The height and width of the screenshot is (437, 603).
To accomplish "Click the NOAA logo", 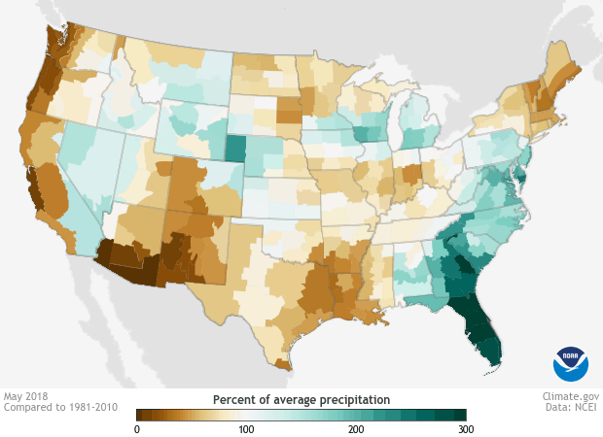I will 571,363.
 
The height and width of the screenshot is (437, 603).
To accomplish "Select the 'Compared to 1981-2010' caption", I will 60,408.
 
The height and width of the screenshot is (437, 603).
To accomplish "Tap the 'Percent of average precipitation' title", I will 301,399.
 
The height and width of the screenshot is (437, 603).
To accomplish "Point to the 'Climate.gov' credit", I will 570,396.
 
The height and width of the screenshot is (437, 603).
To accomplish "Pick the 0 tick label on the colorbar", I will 137,428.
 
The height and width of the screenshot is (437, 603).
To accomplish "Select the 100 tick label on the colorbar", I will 246,428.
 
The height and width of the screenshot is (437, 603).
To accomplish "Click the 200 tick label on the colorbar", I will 356,428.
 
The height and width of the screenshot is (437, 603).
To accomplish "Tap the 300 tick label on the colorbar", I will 465,428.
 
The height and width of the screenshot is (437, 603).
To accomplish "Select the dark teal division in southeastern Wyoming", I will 236,149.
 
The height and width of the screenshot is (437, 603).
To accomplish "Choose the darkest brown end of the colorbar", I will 141,415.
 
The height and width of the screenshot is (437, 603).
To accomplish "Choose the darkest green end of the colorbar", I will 461,415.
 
